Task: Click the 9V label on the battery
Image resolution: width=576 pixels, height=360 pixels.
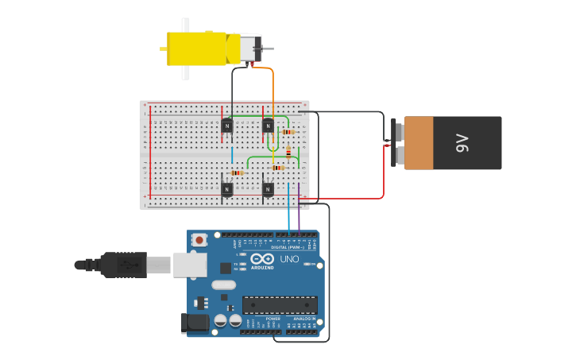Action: point(462,143)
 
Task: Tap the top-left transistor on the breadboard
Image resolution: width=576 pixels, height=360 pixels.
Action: point(227,126)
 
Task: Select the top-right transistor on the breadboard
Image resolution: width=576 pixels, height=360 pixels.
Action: point(269,126)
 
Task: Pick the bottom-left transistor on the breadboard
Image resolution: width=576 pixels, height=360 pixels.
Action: point(227,189)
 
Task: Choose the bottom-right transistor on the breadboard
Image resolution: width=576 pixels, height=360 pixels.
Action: point(269,189)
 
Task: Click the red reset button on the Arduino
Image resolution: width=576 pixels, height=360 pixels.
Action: point(199,238)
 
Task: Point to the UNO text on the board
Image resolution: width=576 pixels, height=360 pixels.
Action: point(289,259)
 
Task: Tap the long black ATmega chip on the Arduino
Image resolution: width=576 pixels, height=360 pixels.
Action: point(280,304)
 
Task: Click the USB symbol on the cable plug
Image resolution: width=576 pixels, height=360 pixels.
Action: point(126,264)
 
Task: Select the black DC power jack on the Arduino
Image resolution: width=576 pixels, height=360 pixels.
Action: point(194,322)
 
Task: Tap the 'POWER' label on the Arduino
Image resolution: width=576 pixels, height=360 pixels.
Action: point(262,319)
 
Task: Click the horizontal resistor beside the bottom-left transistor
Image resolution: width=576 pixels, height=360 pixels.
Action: point(238,172)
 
